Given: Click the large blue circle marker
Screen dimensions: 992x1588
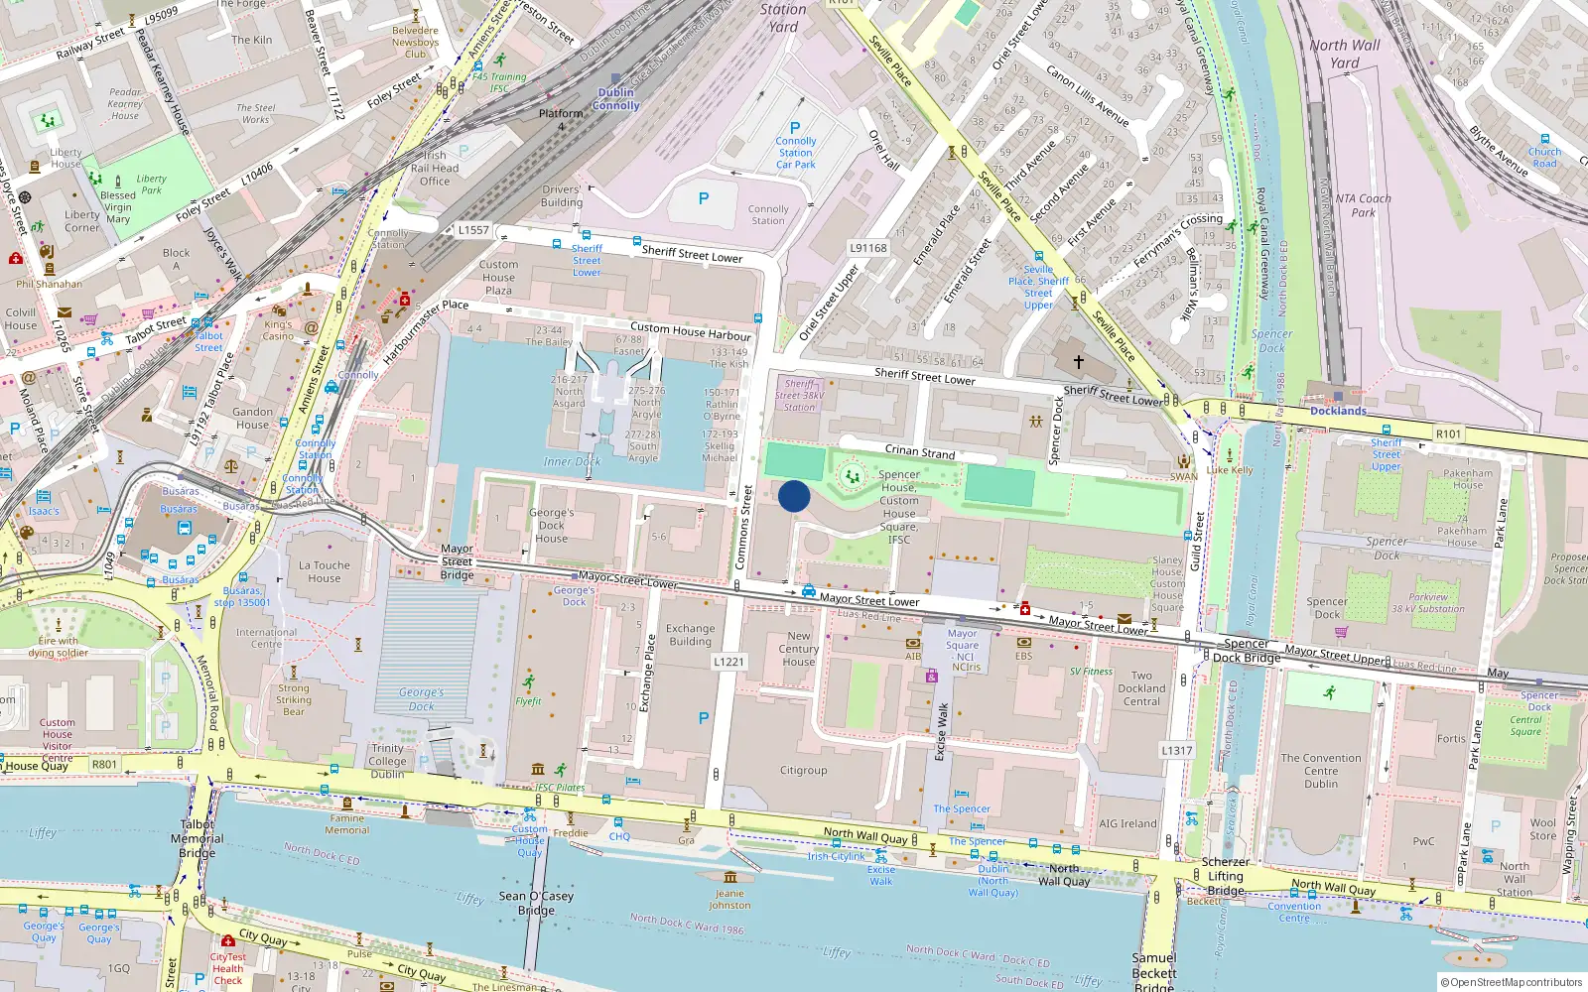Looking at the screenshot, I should pos(794,496).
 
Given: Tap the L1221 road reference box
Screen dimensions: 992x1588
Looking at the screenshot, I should pos(728,662).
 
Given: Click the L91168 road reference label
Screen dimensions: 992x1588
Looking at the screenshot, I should pos(868,248).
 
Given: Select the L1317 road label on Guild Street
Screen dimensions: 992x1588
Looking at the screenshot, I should pos(1176,751).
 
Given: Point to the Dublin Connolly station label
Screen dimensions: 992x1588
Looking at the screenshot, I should pos(615,99).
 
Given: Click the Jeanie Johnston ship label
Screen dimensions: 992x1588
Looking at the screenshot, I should pos(729,899).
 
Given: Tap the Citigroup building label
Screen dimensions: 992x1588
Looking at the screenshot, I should pos(803,770).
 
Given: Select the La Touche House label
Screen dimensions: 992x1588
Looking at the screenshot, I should pos(325,571).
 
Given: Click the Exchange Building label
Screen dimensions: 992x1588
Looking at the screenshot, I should pos(690,635).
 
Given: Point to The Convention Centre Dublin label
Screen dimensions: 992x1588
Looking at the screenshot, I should pos(1321,771).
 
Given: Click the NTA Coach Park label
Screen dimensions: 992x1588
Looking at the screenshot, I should pos(1363,205).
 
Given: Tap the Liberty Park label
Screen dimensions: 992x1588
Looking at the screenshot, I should pos(151,185).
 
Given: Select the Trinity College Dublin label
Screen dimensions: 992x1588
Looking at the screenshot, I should pos(387,761).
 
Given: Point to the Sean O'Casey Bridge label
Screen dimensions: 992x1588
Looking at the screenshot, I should pos(537,903).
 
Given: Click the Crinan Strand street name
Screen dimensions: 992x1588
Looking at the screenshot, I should pos(919,451).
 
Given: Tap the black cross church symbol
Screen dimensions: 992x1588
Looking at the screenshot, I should pos(1079,362).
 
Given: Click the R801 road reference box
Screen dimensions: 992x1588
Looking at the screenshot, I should pos(104,764).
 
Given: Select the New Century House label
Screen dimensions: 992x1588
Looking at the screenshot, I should pos(799,649).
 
